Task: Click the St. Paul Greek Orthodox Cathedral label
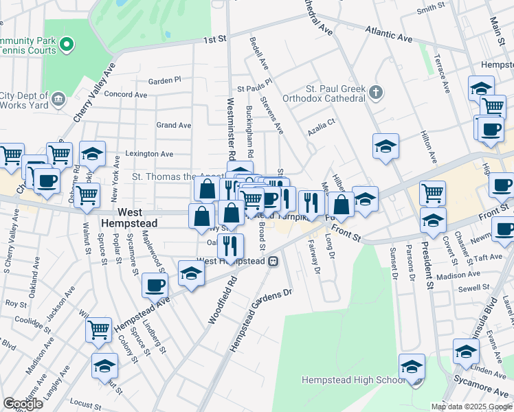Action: click(335, 93)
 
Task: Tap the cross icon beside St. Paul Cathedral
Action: click(376, 91)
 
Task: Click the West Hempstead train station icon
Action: click(273, 262)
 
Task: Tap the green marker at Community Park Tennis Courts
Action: click(67, 45)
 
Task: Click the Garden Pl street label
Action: click(164, 80)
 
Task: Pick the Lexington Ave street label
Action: click(148, 154)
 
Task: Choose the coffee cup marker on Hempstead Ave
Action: click(155, 284)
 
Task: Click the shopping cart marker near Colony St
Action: click(99, 330)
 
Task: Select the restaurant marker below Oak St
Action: click(231, 245)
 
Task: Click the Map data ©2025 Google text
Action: click(471, 407)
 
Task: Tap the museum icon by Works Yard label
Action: click(58, 100)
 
